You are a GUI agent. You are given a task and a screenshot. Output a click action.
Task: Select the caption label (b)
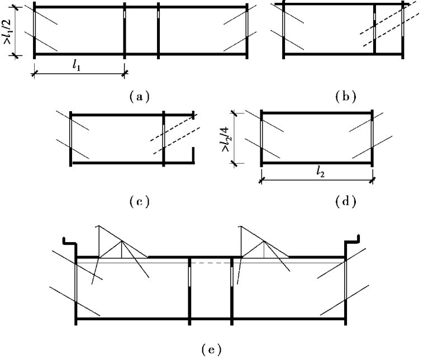pyautogui.click(x=345, y=96)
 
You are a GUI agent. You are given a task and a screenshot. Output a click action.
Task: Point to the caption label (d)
pyautogui.click(x=345, y=200)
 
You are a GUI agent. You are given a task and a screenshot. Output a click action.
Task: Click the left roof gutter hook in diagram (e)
pyautogui.click(x=69, y=244)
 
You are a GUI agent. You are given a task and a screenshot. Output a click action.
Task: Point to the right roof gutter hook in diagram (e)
pyautogui.click(x=353, y=244)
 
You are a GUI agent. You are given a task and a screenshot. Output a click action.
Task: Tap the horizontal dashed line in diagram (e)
pyautogui.click(x=211, y=262)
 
